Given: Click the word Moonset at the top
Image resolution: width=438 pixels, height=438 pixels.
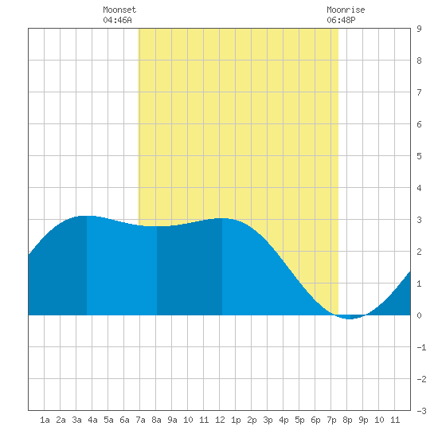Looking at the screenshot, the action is click(x=119, y=10).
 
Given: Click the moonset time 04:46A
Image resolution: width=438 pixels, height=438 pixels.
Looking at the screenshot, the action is click(x=117, y=20).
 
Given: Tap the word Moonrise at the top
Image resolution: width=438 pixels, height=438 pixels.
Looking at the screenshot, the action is click(x=346, y=10).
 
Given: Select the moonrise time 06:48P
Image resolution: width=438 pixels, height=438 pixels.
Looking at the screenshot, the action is click(x=341, y=20).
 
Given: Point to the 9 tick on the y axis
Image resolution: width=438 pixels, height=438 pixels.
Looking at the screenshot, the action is click(x=419, y=29).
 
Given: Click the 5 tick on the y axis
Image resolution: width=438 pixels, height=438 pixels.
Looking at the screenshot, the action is click(x=419, y=156).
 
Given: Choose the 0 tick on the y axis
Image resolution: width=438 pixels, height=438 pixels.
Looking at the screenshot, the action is click(x=419, y=315).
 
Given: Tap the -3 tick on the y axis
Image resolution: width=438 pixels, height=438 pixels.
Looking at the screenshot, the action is click(x=421, y=411).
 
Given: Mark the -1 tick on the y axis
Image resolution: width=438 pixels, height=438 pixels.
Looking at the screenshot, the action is click(x=421, y=347).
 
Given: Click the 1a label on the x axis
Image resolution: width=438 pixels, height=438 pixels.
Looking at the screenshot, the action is click(x=45, y=420).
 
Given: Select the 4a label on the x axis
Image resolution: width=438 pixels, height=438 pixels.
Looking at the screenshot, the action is click(x=92, y=420).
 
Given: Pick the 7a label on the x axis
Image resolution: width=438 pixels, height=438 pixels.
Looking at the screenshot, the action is click(x=140, y=420).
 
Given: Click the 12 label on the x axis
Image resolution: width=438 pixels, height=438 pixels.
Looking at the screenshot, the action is click(x=220, y=420).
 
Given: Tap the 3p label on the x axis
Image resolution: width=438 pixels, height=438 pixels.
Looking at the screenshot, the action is click(x=268, y=420).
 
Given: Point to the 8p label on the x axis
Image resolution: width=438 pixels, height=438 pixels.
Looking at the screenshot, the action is click(x=347, y=420).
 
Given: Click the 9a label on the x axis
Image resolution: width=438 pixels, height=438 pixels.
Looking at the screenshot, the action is click(x=172, y=420).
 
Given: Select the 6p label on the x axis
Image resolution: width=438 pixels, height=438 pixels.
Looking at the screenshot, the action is click(x=315, y=420).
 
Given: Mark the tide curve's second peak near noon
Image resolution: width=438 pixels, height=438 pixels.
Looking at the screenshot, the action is click(x=222, y=218).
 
